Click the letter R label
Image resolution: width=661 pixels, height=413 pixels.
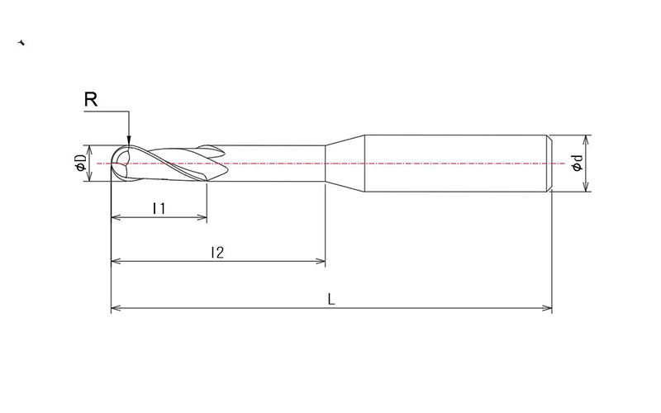click(92, 100)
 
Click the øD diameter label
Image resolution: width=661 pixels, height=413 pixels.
click(80, 164)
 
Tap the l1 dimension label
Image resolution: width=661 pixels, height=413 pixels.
click(159, 209)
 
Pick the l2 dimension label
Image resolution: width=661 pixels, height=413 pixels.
click(217, 253)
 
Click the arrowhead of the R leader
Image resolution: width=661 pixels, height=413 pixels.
click(129, 142)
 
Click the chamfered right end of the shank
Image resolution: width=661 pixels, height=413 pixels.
click(549, 164)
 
